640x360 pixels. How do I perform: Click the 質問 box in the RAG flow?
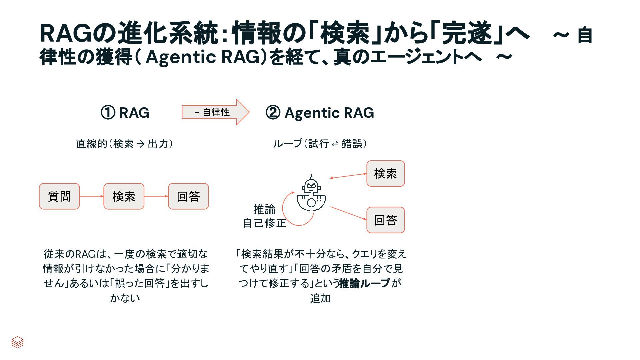[59, 196]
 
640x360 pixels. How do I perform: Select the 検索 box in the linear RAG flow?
[124, 196]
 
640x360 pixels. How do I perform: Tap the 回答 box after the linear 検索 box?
[188, 196]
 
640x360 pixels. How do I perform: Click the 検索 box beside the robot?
[385, 173]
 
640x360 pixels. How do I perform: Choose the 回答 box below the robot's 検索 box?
[385, 220]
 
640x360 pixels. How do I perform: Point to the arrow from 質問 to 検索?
[92, 196]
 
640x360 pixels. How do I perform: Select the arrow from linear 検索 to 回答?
[156, 196]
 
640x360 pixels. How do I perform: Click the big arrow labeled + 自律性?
[215, 112]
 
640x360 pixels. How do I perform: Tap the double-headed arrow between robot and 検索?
[348, 176]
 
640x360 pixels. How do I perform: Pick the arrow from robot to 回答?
[348, 213]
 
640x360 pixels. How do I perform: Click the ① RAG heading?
[125, 113]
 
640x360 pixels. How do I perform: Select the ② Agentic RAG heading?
[320, 113]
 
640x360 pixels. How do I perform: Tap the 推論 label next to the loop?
[264, 209]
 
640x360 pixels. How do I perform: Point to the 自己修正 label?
[264, 223]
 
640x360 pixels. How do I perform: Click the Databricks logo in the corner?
[17, 342]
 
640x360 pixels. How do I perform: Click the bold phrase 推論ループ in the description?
[364, 283]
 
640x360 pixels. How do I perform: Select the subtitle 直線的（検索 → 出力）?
[124, 144]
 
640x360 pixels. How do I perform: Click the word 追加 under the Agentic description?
[320, 298]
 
